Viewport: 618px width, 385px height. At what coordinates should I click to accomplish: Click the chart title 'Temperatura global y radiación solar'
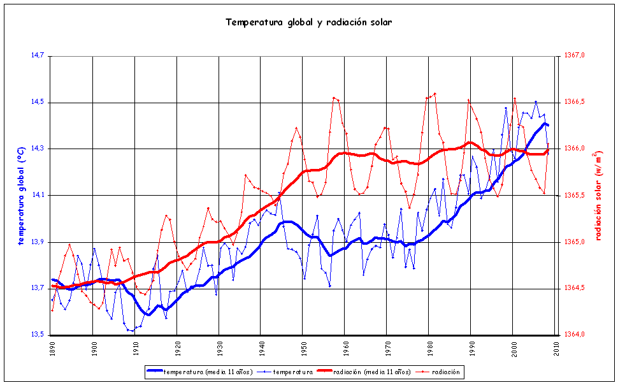[308, 22]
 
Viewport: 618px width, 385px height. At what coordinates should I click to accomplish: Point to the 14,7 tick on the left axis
[37, 55]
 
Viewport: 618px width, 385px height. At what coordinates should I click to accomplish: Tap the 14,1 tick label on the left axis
[37, 195]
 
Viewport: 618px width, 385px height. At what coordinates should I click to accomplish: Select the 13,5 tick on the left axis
[37, 335]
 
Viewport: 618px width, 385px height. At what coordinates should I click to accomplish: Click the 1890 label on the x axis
[52, 349]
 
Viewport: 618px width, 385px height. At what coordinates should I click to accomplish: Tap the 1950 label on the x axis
[303, 349]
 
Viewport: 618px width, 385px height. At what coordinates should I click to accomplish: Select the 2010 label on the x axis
[556, 349]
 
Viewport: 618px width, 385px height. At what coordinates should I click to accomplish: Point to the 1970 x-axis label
[387, 349]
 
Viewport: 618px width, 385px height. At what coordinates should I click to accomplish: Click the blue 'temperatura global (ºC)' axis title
[21, 195]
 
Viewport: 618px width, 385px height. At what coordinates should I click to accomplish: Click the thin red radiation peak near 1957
[334, 98]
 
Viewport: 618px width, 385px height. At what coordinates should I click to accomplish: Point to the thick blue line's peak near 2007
[544, 124]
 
